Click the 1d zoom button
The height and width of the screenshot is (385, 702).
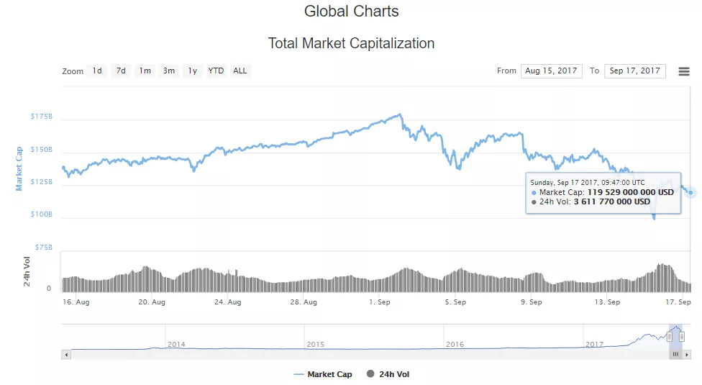coord(96,71)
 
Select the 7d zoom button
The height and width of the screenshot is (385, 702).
coord(121,71)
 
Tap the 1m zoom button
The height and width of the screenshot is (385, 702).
coord(145,71)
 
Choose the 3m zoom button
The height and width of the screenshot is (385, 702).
coord(169,71)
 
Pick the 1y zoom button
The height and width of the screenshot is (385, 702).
coord(192,71)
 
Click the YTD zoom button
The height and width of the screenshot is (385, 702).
coord(216,71)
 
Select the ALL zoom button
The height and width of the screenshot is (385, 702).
coord(240,71)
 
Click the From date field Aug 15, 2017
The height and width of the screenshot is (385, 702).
coord(552,71)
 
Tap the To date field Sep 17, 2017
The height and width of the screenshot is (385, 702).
coord(635,71)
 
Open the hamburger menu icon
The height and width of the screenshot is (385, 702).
coord(684,71)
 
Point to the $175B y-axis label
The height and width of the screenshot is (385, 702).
coord(42,117)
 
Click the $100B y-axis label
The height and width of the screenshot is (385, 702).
coord(42,214)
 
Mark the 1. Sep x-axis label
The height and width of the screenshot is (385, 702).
coord(380,302)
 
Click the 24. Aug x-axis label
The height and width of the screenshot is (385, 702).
coord(228,302)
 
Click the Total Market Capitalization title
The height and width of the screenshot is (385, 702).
coord(351,43)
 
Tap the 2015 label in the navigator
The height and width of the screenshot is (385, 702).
coord(316,345)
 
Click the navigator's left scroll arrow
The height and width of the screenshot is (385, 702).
coord(66,354)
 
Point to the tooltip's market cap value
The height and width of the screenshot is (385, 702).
coord(631,192)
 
